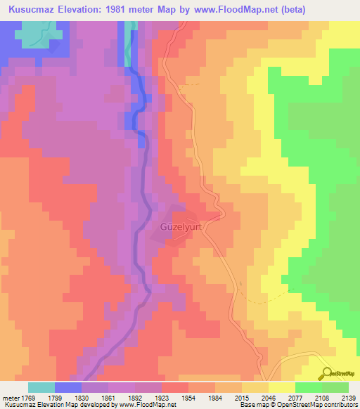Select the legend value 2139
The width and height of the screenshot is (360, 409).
click(349, 397)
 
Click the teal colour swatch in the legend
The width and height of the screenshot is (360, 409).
click(41, 387)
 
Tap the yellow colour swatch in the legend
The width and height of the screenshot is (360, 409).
click(281, 387)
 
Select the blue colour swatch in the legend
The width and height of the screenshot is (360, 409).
click(68, 387)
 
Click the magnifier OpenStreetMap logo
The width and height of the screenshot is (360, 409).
click(326, 374)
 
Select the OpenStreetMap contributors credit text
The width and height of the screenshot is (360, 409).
click(309, 405)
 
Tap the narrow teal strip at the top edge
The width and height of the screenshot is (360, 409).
click(128, 42)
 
